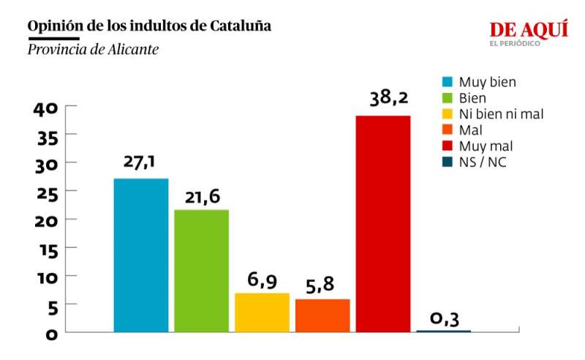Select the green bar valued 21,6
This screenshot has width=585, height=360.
tap(201, 271)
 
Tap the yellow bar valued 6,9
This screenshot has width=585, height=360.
tap(262, 312)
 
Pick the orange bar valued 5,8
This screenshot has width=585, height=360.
tap(322, 315)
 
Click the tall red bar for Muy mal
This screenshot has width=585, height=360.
tap(383, 223)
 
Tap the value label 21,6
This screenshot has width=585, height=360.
tap(202, 195)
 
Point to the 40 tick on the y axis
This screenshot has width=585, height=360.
tap(45, 108)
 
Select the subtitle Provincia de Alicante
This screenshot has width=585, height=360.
tap(93, 50)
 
